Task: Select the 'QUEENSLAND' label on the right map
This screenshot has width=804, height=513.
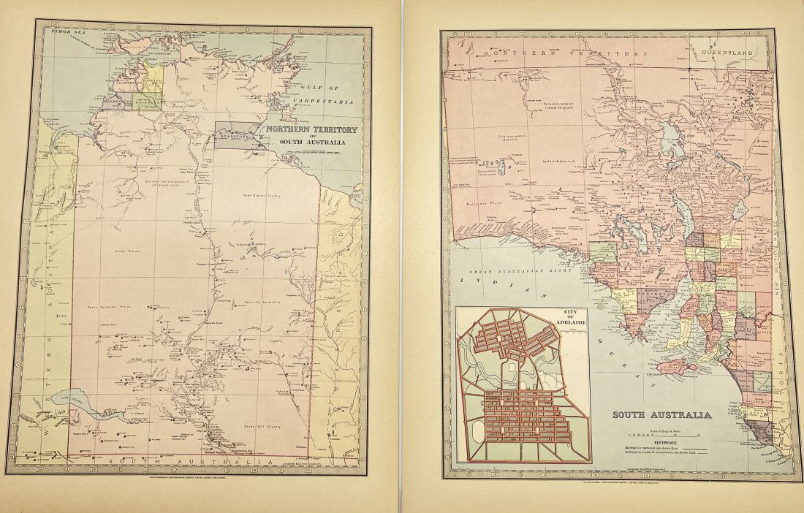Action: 728,53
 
